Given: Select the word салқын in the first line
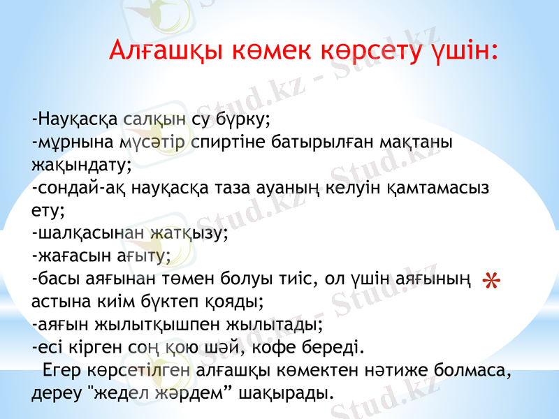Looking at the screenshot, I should (154, 118).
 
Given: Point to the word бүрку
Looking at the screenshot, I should (245, 119).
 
